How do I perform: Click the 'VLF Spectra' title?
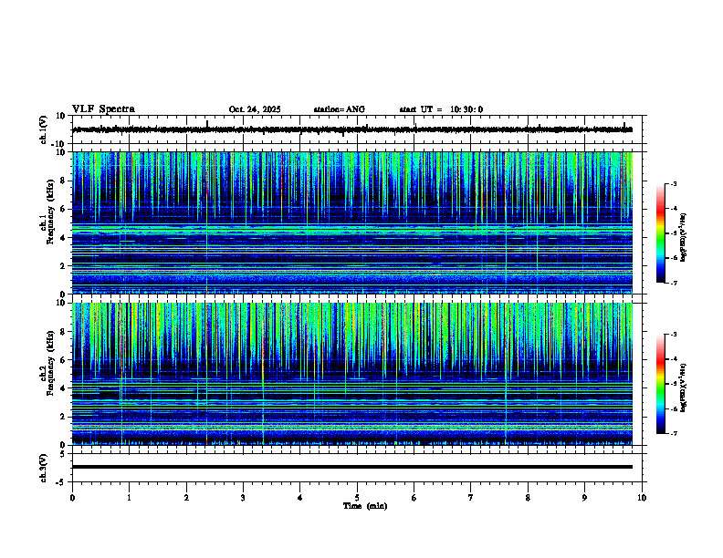[103, 109]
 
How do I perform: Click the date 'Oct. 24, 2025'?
[255, 109]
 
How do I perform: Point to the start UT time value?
[466, 109]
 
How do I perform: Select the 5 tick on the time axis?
[357, 496]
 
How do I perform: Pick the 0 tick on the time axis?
[72, 496]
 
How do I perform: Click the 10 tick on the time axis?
[642, 496]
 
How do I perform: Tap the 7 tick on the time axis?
[471, 496]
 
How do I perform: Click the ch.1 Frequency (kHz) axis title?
[47, 222]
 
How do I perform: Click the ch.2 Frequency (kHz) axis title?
[47, 373]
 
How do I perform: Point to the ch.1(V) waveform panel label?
[44, 129]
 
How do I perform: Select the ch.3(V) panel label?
[44, 467]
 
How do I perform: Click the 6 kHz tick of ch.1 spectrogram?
[63, 209]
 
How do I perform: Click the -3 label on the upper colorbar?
[675, 184]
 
